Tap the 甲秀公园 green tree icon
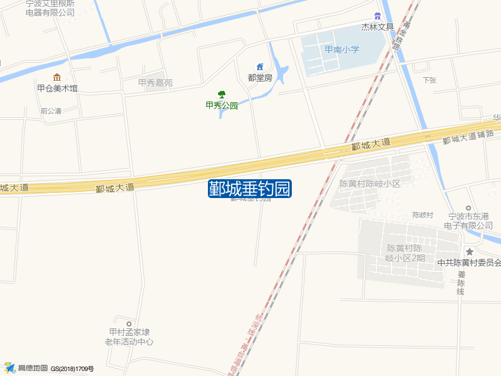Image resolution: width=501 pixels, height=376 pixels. (x=222, y=95)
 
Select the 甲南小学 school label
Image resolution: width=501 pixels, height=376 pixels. (x=342, y=50)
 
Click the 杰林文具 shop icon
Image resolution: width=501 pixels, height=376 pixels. (x=378, y=16)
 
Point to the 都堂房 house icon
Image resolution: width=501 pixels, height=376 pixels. (x=260, y=67)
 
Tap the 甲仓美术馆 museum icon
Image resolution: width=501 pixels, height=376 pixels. (x=57, y=77)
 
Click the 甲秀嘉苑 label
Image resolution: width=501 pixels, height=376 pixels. (x=155, y=83)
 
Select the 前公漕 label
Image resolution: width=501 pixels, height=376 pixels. (x=51, y=111)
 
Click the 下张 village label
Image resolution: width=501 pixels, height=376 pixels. (x=429, y=80)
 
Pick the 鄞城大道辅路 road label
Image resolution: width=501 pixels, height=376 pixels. (x=468, y=137)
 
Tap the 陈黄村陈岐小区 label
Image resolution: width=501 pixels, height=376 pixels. (x=369, y=184)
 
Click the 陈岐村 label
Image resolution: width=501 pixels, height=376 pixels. (x=423, y=215)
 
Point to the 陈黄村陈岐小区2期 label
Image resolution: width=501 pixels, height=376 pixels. (x=405, y=253)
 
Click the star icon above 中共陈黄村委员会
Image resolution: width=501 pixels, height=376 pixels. (x=470, y=251)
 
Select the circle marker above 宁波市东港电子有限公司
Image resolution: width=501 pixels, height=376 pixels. (x=468, y=208)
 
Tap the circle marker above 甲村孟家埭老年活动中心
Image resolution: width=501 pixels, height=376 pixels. (x=129, y=323)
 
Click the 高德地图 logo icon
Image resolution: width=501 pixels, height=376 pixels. (x=9, y=368)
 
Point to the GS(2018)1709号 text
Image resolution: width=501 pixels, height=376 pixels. (x=72, y=369)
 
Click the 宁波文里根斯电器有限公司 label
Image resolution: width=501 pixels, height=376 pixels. (x=50, y=8)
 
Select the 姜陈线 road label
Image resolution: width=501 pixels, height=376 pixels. (x=461, y=283)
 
